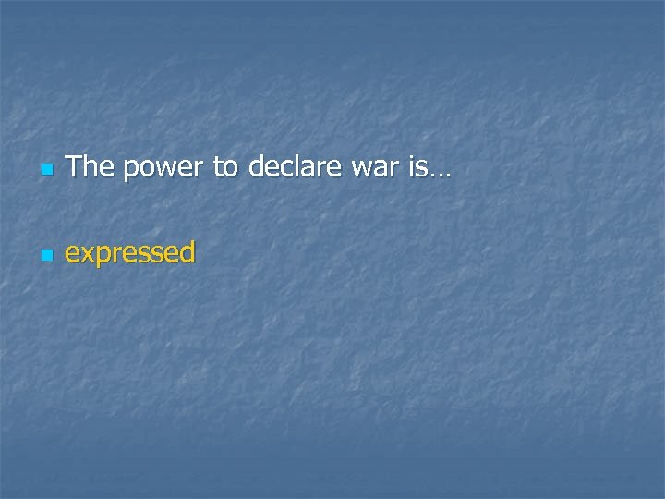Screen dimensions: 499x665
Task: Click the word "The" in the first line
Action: (x=91, y=167)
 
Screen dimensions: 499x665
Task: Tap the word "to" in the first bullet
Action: (x=223, y=168)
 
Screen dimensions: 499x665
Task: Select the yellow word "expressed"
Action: (x=130, y=253)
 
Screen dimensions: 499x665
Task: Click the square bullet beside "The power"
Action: (x=47, y=171)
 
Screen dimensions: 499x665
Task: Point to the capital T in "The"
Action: (x=76, y=167)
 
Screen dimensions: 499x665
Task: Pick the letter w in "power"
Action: (x=164, y=170)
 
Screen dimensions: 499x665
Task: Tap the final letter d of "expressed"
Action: (x=187, y=252)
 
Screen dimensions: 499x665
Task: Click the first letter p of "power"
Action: (x=129, y=172)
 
